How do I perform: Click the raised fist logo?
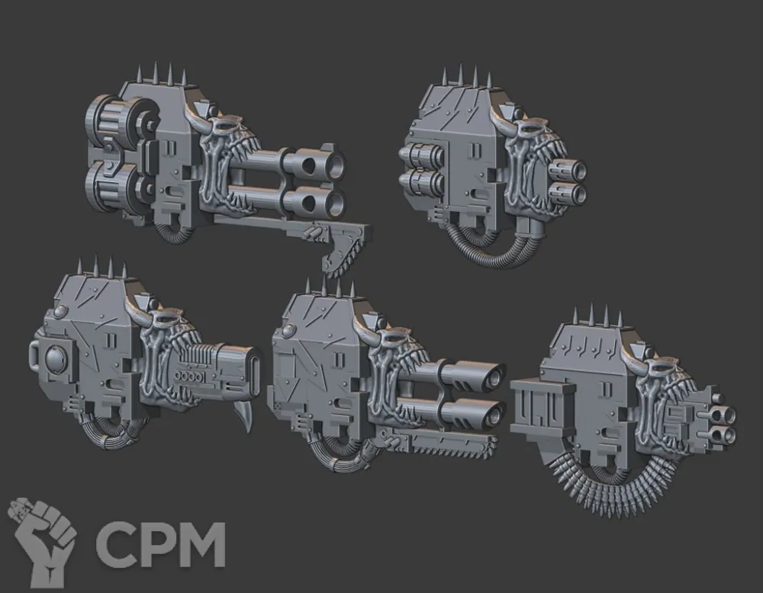[43, 540]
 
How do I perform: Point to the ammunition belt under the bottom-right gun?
[614, 489]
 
